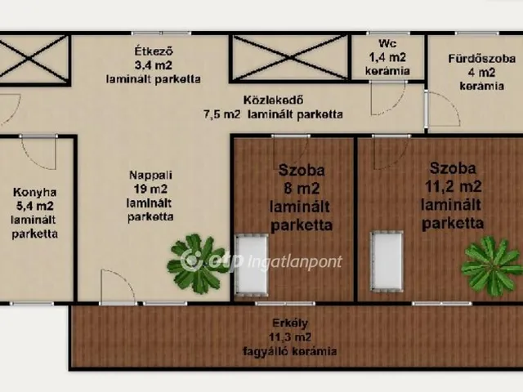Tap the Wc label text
(x=387, y=44)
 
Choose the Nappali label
(x=150, y=174)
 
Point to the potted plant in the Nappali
(x=197, y=263)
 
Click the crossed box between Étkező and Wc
(x=289, y=57)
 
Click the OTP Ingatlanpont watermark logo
(x=193, y=261)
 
